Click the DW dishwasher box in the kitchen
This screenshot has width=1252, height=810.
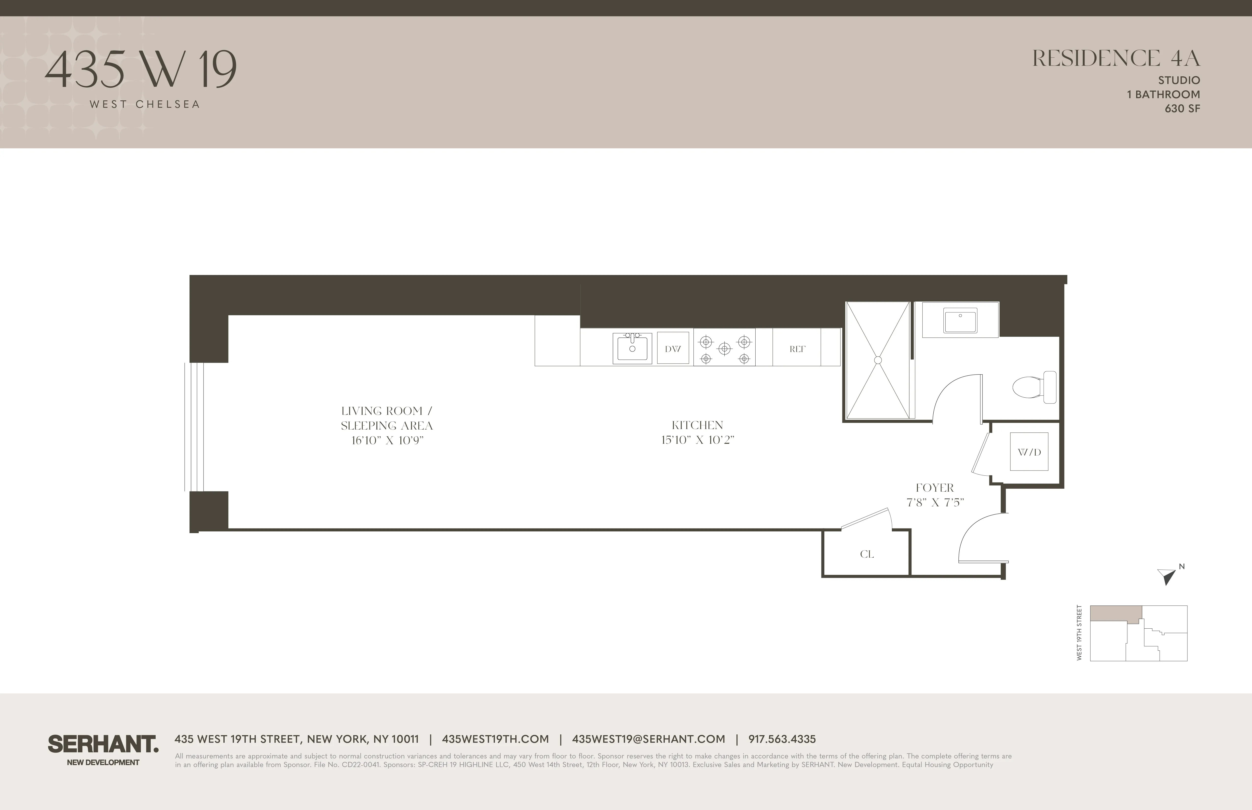673,348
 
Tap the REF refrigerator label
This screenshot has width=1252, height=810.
797,349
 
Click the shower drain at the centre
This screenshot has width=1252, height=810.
877,360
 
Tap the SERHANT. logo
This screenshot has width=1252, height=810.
103,744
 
